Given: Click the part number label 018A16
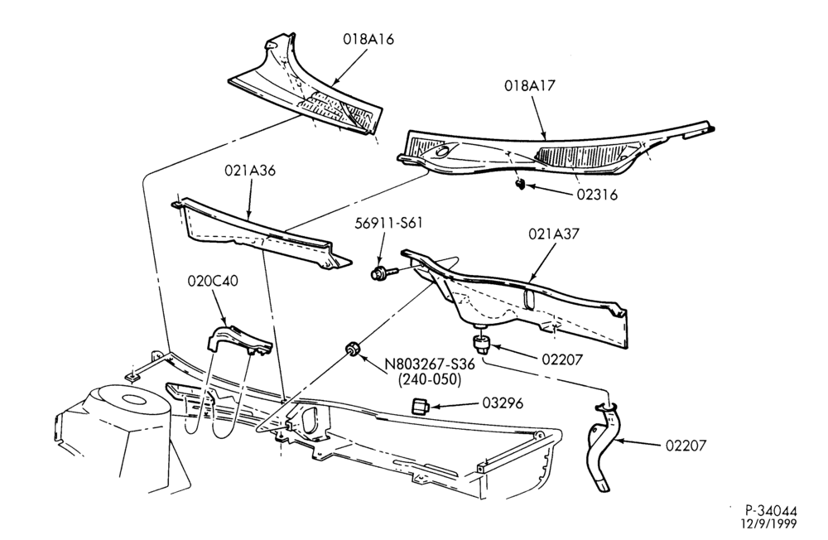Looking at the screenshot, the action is (368, 40).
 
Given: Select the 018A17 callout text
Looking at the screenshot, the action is (530, 85).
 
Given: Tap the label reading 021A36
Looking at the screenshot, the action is (250, 171).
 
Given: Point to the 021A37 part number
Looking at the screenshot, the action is (553, 234).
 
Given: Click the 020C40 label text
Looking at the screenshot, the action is (213, 281).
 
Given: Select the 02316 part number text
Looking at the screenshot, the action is (597, 195).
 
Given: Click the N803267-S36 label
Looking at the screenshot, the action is (429, 364).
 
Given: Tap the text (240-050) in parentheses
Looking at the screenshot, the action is (429, 379).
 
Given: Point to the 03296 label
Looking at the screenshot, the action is (503, 403).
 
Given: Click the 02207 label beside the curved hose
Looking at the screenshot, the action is (685, 446).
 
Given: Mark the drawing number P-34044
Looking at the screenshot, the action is (771, 511).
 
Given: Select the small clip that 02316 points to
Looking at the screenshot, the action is (520, 185).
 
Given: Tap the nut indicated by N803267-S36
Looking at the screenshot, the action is (352, 350).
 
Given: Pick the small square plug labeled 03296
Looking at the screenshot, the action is (420, 407).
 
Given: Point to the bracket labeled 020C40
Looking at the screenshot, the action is (238, 340).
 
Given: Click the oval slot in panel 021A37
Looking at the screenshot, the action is (530, 299).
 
